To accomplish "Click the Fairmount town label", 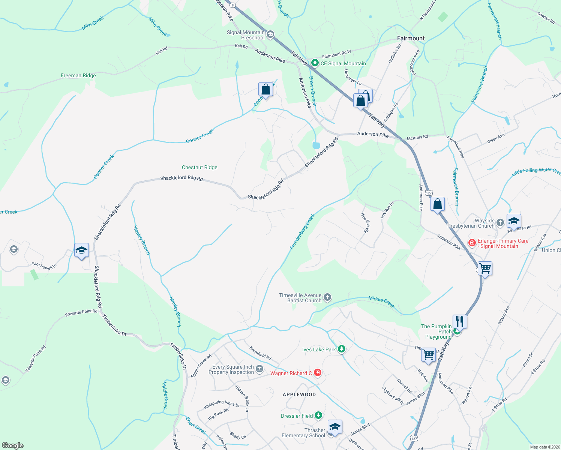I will pyautogui.click(x=411, y=38).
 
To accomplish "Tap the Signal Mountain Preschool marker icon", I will pyautogui.click(x=270, y=35).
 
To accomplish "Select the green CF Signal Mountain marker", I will pyautogui.click(x=315, y=63).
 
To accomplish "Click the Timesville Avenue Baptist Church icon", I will pyautogui.click(x=327, y=298).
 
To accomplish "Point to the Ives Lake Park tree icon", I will pyautogui.click(x=341, y=349).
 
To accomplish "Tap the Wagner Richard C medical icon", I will pyautogui.click(x=318, y=373).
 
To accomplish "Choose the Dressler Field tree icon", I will pyautogui.click(x=318, y=415).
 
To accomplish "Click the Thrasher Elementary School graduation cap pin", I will pyautogui.click(x=335, y=427).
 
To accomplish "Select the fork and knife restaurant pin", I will pyautogui.click(x=459, y=321).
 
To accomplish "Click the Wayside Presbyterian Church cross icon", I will pyautogui.click(x=500, y=223).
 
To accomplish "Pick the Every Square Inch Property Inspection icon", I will pyautogui.click(x=259, y=370).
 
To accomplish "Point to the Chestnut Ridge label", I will pyautogui.click(x=199, y=167).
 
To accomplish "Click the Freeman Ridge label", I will pyautogui.click(x=78, y=75).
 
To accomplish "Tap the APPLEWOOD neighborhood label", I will pyautogui.click(x=299, y=394).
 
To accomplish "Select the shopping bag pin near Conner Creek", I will pyautogui.click(x=265, y=90).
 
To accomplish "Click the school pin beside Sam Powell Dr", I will pyautogui.click(x=81, y=250).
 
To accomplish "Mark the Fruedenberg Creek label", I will pyautogui.click(x=302, y=232).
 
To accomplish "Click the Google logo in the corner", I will pyautogui.click(x=12, y=445).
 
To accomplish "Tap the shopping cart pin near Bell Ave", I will pyautogui.click(x=428, y=354).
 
